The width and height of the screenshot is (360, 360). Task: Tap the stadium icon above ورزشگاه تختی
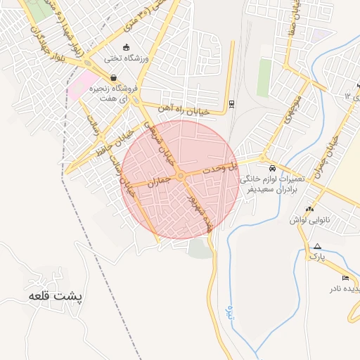pos(126,47)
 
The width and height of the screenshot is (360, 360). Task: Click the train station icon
pos(231,104)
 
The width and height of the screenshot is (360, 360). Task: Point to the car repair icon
pos(271,169)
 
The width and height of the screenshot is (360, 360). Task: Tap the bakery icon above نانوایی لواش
pos(310,208)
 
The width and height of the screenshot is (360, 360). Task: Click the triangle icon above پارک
pos(318,246)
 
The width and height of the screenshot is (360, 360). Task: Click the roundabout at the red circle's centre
pos(181,175)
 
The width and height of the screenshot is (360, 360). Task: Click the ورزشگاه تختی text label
pos(127,58)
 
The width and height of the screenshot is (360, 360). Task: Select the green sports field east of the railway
pos(264,77)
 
